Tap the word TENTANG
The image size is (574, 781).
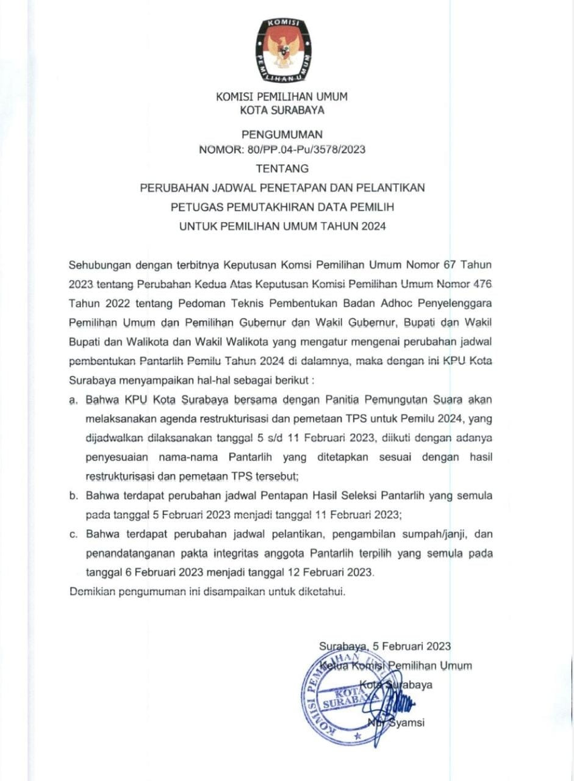[282, 168]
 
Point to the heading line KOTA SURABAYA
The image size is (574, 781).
[282, 110]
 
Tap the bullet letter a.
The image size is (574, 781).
[73, 401]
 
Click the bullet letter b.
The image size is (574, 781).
[73, 495]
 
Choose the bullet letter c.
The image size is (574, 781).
[73, 534]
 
